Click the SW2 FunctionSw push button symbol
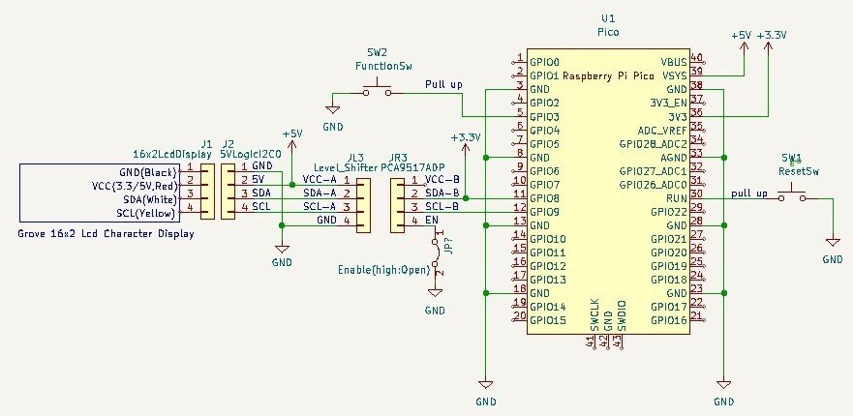coord(378,90)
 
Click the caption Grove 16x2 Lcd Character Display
coord(106,234)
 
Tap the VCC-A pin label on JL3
coord(320,180)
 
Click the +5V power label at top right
coord(742,34)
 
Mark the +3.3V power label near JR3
coord(466,137)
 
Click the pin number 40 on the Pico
coord(697,59)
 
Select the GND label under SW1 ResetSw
coord(832,260)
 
